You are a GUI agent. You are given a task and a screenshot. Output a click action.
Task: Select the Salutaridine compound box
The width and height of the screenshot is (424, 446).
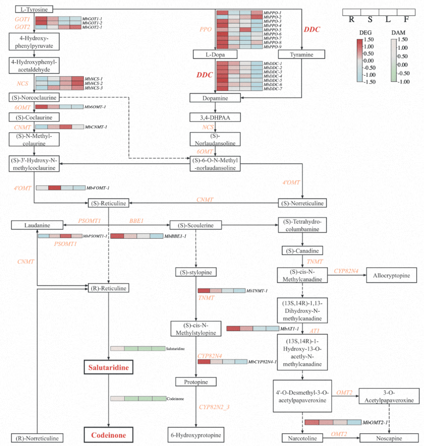[108, 367]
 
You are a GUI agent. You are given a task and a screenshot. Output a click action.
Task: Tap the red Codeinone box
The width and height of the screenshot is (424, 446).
[108, 435]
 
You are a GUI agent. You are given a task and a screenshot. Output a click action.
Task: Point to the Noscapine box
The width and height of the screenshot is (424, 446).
[389, 438]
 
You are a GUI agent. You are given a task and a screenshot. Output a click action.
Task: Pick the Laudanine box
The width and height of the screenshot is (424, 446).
[37, 225]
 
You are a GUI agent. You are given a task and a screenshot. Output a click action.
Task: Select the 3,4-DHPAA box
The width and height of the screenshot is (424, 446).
[214, 117]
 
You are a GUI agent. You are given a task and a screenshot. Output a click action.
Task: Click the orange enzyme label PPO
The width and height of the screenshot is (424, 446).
[206, 29]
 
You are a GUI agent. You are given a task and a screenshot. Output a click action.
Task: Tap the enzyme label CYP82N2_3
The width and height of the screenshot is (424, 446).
[214, 407]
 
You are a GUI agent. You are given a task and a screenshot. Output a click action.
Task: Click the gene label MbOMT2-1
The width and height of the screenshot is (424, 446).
[376, 423]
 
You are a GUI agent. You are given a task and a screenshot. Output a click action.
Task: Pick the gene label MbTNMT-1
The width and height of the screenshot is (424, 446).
[257, 291]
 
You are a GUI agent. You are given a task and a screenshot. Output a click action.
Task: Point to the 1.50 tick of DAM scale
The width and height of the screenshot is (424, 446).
[403, 39]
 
